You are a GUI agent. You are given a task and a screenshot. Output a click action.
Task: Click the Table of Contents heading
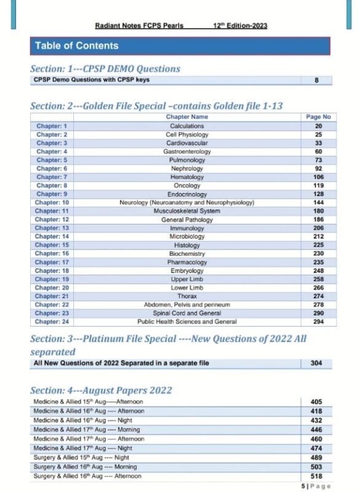77,46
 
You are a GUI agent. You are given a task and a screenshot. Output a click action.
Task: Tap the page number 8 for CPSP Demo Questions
316,80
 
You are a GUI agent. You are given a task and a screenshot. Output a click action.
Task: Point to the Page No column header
318,117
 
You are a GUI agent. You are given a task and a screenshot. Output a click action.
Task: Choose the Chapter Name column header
186,117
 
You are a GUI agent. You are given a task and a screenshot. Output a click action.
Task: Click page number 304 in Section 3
316,363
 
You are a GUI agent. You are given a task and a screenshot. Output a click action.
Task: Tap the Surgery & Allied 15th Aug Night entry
84,457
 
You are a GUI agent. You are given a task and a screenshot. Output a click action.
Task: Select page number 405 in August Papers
316,402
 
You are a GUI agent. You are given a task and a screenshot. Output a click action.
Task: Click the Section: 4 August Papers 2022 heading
101,391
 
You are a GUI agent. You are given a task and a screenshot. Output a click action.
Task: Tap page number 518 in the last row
316,476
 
